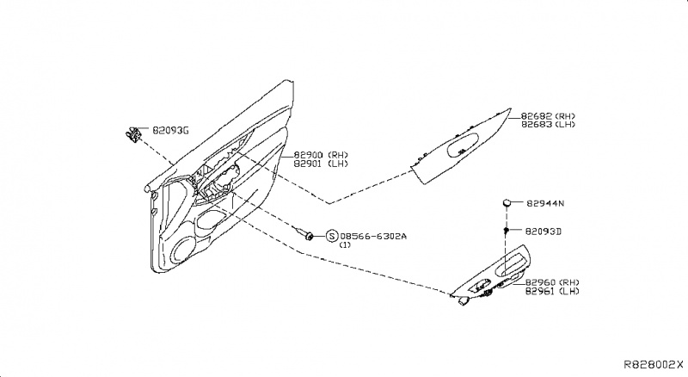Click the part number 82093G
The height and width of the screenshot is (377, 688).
(x=170, y=130)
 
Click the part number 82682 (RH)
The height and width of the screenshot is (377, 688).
(x=548, y=114)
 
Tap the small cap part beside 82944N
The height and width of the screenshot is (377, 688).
(x=508, y=203)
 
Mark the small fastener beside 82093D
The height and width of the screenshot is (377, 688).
(x=508, y=231)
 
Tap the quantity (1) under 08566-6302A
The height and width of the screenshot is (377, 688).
(x=345, y=245)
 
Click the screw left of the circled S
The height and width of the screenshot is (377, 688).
(x=304, y=232)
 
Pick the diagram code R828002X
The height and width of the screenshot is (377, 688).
(x=654, y=365)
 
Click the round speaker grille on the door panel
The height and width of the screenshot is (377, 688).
(x=183, y=251)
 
